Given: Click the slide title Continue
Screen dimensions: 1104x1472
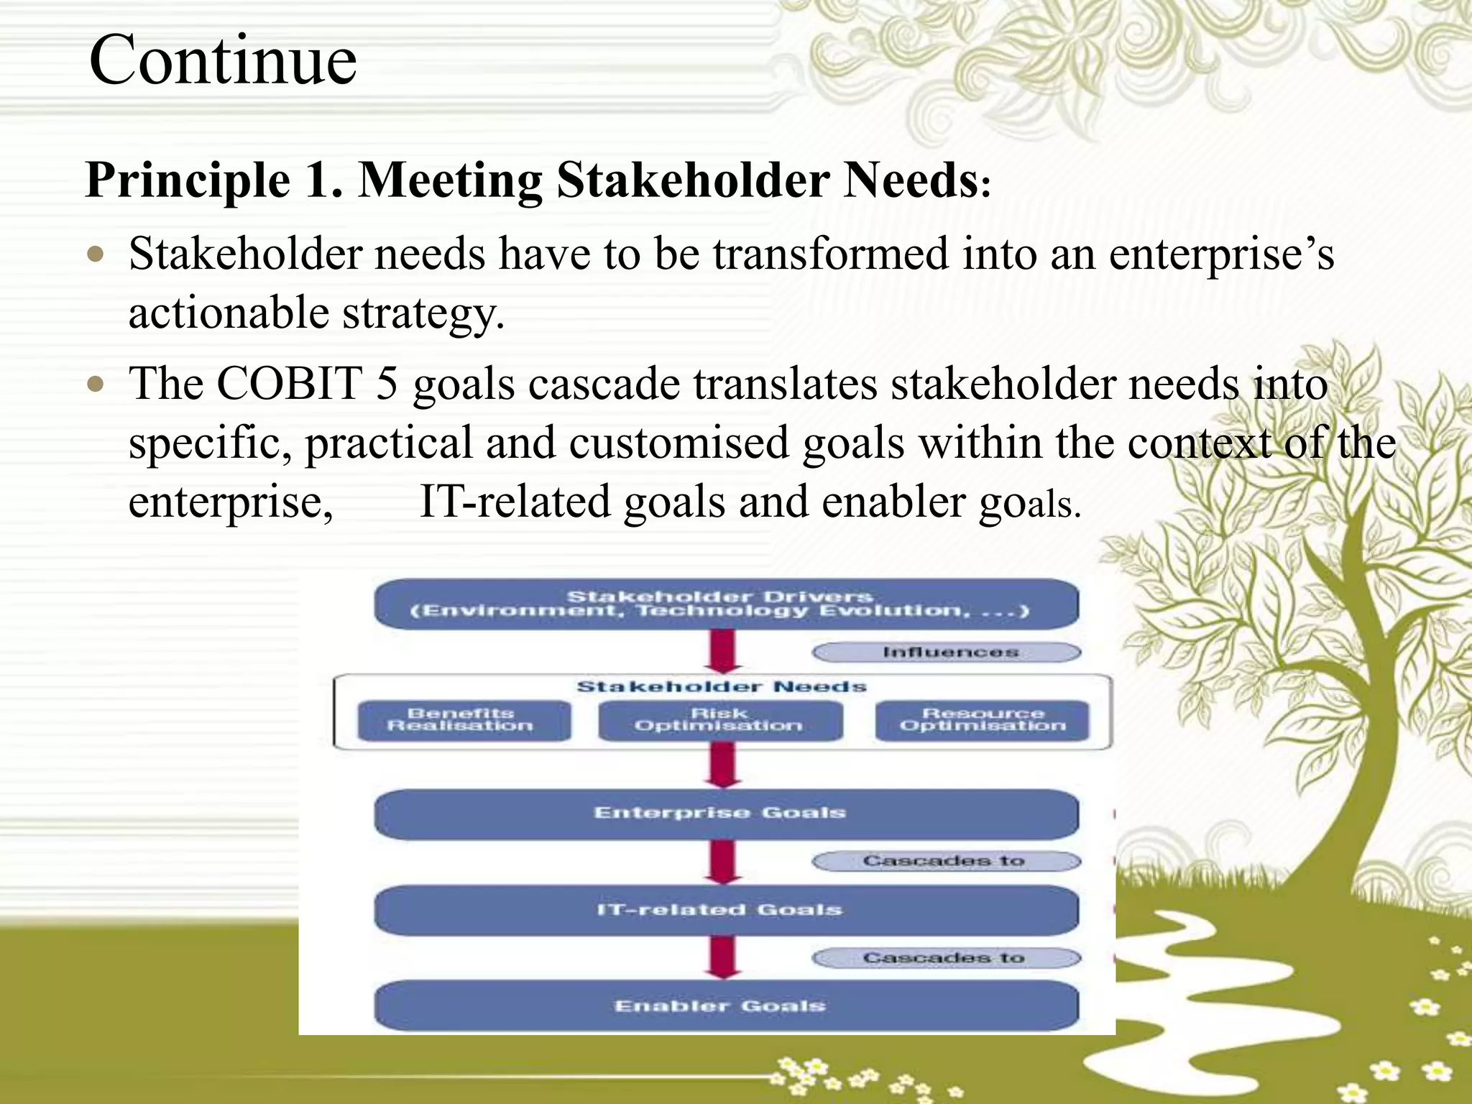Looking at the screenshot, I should [223, 60].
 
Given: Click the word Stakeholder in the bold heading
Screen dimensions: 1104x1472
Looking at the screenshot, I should [693, 179].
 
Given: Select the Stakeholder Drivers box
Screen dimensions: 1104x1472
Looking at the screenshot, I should [726, 604].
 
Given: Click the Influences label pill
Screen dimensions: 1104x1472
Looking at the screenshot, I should [947, 652].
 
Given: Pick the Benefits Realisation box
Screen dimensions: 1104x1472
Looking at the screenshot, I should [464, 720].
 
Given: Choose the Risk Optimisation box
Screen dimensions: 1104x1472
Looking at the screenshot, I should [719, 720].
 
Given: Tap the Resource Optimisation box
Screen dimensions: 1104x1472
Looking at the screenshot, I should [982, 720].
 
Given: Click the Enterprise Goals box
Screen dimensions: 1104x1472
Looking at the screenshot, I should [726, 814].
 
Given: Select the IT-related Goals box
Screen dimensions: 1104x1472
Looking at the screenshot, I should [726, 910].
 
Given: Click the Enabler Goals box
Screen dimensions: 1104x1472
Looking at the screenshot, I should [726, 1006].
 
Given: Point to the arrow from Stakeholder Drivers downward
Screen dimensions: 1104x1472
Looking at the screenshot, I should [723, 650].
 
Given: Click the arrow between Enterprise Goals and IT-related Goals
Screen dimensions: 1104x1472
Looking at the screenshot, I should [723, 861].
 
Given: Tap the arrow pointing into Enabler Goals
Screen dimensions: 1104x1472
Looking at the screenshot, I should [723, 957].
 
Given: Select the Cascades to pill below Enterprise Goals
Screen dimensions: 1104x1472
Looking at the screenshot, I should [947, 861].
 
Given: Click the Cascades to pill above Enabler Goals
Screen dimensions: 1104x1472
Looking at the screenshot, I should [947, 958].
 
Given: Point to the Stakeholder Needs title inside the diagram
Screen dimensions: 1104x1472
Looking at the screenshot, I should [722, 687].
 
